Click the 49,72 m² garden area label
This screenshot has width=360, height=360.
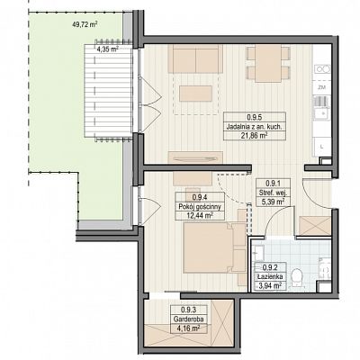(85, 25)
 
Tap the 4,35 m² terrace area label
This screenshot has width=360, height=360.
(107, 49)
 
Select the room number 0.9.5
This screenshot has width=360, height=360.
(255, 117)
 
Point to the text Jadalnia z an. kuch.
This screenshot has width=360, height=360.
(255, 127)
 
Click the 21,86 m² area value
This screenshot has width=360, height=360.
(255, 136)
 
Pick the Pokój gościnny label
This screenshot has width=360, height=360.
(200, 206)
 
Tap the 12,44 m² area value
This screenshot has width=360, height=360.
(200, 215)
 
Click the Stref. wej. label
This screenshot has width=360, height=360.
(273, 193)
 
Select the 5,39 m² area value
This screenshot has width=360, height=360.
(273, 202)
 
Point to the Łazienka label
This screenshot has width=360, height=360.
(270, 276)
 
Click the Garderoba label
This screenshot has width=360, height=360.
(189, 319)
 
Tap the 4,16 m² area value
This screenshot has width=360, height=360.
(188, 328)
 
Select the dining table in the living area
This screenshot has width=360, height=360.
(268, 64)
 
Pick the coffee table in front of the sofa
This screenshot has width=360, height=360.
(196, 94)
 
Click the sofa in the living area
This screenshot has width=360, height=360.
(195, 58)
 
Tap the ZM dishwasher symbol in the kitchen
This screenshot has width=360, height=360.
(322, 87)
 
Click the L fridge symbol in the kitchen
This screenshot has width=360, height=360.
(321, 148)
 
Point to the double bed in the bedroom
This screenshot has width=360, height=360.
(214, 247)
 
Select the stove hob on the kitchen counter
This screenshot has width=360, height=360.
(322, 69)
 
